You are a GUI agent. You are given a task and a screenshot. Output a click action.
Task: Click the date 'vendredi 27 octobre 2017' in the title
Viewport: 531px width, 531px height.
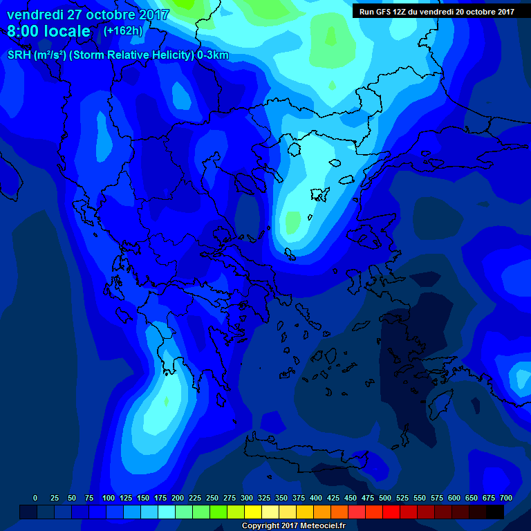tap(88, 15)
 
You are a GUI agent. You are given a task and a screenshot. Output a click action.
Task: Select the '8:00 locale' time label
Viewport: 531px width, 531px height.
tap(48, 31)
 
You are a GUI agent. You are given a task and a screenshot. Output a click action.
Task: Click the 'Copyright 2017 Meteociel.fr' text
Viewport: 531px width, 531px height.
tap(293, 526)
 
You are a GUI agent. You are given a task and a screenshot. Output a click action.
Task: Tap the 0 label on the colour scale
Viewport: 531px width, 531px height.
tap(35, 498)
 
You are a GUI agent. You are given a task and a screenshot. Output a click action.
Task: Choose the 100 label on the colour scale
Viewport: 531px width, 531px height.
tap(109, 498)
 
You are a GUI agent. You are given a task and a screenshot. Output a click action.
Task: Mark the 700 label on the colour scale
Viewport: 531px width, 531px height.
tap(506, 498)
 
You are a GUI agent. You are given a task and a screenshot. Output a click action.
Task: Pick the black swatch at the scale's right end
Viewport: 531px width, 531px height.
tap(495, 512)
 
